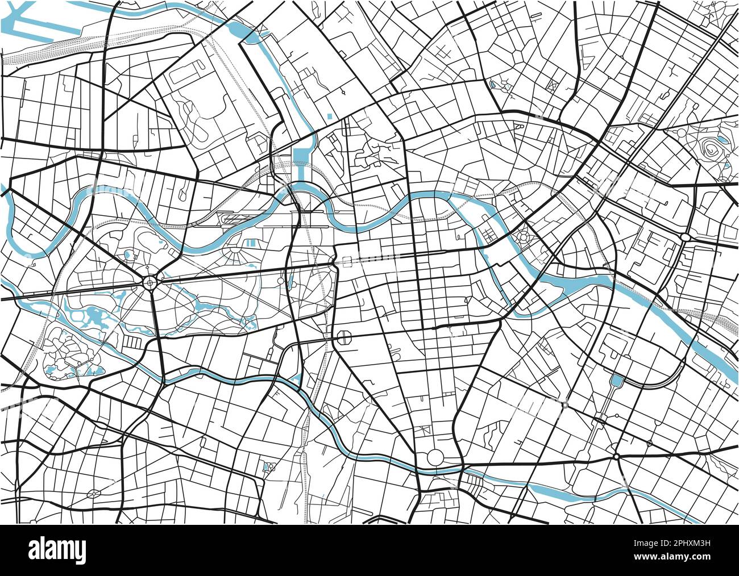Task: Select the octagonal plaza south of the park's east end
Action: (345, 337)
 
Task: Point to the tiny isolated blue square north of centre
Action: (330, 116)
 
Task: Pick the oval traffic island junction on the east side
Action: (684, 236)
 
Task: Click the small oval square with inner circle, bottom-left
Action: (93, 494)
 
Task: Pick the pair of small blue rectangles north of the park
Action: (248, 243)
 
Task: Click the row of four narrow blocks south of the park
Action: (133, 342)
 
